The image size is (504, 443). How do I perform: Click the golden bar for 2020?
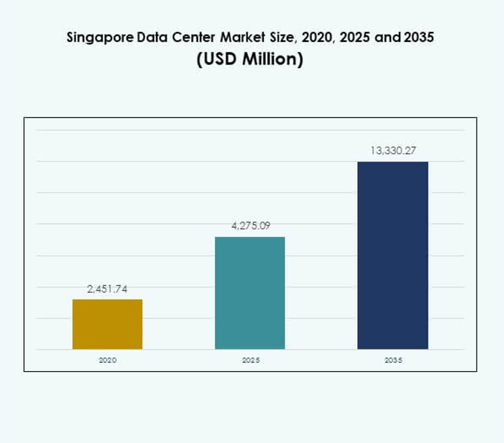[107, 324]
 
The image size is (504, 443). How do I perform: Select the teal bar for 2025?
[250, 293]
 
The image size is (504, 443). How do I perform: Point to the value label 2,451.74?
[107, 289]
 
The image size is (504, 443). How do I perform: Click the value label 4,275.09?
[250, 226]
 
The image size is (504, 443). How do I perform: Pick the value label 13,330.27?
[393, 151]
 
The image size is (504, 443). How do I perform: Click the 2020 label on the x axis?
[107, 360]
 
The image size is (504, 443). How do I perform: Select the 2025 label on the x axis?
[250, 360]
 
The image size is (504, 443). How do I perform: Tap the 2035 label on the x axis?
[393, 360]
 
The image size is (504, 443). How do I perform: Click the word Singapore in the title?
[97, 38]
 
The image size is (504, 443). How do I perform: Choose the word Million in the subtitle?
[270, 59]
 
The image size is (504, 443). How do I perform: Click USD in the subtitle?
[219, 59]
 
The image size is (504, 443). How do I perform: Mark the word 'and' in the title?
[388, 37]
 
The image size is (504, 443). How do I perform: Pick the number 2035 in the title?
[419, 37]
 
